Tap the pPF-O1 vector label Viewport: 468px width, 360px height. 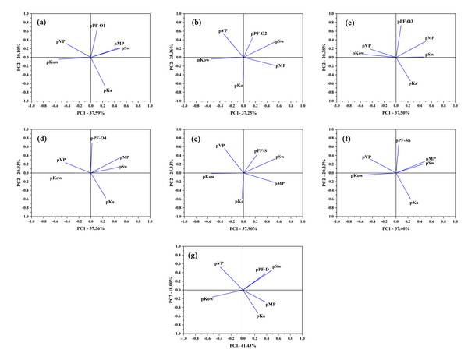pyautogui.click(x=98, y=25)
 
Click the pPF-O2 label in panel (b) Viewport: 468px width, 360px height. pyautogui.click(x=258, y=34)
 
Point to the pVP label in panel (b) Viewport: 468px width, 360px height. pyautogui.click(x=222, y=30)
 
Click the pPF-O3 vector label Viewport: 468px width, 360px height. pyautogui.click(x=406, y=21)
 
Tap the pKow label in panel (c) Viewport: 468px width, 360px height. pyautogui.click(x=358, y=53)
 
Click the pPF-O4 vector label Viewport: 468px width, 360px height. pyautogui.click(x=99, y=139)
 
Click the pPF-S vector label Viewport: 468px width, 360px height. pyautogui.click(x=260, y=150)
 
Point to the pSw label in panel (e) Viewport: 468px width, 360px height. pyautogui.click(x=279, y=157)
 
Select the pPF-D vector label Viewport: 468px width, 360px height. pyautogui.click(x=262, y=270)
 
